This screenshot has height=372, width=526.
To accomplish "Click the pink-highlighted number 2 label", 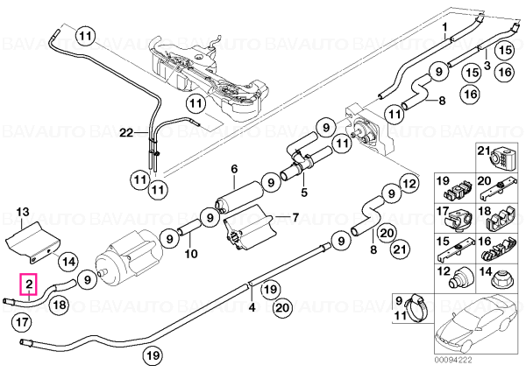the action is tap(29, 284).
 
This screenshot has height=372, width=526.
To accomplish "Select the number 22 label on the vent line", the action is tap(127, 133).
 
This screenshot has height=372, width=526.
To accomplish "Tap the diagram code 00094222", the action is tap(452, 361).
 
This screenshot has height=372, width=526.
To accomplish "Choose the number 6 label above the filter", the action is tap(234, 169).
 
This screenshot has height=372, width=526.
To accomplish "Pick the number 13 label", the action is tap(23, 212).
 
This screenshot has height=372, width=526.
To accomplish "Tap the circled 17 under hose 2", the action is tap(21, 322).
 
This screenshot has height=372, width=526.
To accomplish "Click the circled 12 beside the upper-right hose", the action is tap(409, 184).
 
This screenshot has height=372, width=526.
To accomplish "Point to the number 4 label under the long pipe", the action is tap(252, 306).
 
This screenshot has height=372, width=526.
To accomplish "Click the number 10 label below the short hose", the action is tap(191, 254).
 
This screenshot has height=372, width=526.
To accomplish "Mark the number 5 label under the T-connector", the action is tap(304, 193).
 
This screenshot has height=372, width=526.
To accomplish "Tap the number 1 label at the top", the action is tap(444, 26).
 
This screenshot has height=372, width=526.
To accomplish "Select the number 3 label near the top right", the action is tap(487, 66).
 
